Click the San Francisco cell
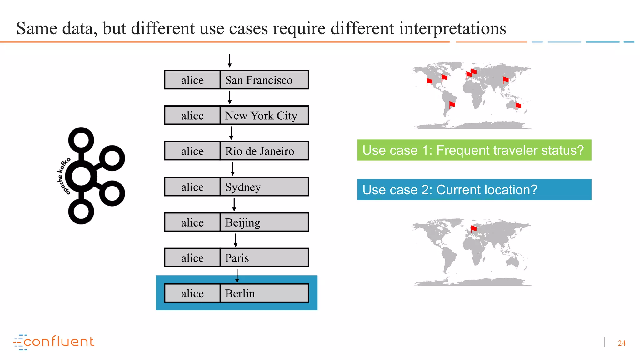264,80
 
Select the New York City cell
264,116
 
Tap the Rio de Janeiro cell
264,151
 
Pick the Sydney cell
264,187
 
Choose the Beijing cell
264,222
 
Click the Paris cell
264,258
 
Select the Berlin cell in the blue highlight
264,293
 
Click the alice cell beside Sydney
192,187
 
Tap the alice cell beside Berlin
192,293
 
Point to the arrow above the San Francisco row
230,61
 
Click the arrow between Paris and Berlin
237,276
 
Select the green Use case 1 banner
474,150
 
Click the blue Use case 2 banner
474,190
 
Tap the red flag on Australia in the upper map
518,106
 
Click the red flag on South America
452,104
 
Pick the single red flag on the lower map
473,229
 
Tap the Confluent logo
54,342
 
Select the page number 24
622,343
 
